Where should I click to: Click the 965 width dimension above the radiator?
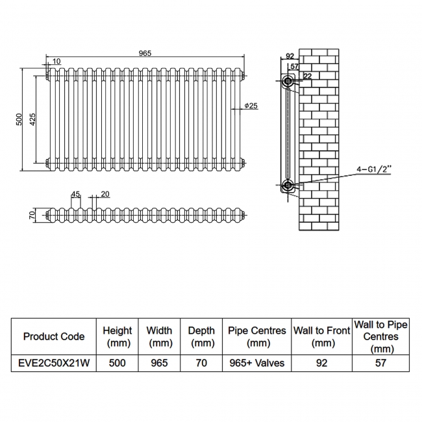coord(145,53)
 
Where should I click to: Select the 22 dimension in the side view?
coord(307,77)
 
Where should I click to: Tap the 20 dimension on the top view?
coord(106,193)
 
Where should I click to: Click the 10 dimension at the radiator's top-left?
coord(56,61)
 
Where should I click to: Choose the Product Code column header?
coord(54,336)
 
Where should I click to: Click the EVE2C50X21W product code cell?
coord(54,363)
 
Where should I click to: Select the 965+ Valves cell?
coord(257,363)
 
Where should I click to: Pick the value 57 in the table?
coord(380,363)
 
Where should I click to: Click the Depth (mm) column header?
coord(201,336)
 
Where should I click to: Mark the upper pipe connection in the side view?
coord(288,82)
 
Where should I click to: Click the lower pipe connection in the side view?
coord(288,187)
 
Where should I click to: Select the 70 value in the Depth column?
coord(201,363)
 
